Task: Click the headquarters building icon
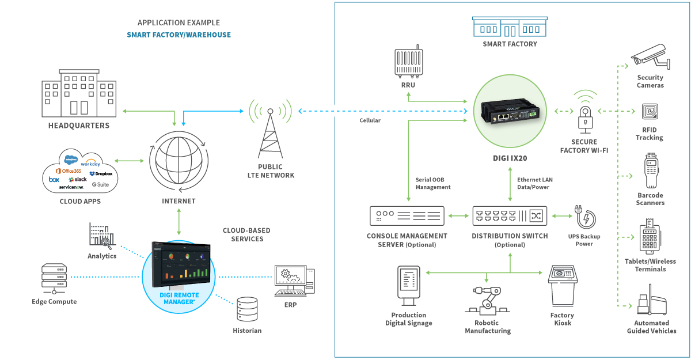point(79,94)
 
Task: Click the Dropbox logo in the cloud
point(101,173)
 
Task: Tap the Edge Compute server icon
point(54,278)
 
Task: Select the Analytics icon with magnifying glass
point(102,236)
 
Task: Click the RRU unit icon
point(408,62)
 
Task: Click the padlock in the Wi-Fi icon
point(585,120)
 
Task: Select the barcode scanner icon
point(650,171)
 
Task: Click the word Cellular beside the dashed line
point(370,120)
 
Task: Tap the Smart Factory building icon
point(510,26)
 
